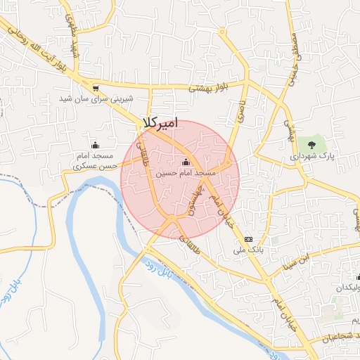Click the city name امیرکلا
coord(160,122)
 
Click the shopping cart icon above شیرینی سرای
coord(96,88)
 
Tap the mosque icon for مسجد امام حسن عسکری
coord(96,144)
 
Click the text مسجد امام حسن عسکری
coord(95,160)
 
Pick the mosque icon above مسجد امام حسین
coord(186,161)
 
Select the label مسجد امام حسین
coord(186,172)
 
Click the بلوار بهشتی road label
coord(209,88)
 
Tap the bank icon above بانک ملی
coord(248,240)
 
